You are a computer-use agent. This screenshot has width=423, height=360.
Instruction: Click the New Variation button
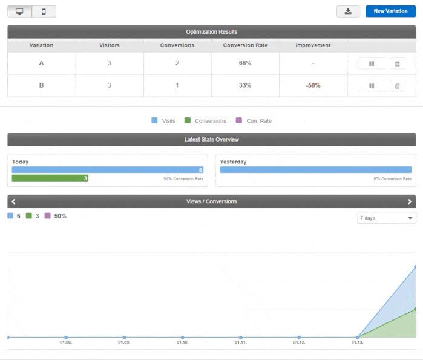(390, 11)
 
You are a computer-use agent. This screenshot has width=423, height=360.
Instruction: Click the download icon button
(348, 11)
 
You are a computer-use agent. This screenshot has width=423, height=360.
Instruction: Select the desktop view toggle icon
(20, 11)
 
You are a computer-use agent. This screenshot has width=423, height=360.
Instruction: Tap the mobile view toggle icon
(44, 11)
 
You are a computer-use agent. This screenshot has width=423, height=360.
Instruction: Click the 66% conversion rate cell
(245, 63)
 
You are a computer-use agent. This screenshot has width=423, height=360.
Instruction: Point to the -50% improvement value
(313, 85)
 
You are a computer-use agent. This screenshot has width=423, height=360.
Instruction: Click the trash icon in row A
(397, 64)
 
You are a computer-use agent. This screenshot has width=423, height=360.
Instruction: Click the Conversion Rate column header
(245, 45)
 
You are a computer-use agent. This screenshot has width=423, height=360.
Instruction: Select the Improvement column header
(313, 45)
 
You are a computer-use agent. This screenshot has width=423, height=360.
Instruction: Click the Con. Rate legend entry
(254, 121)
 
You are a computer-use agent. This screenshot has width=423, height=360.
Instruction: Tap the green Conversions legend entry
(205, 121)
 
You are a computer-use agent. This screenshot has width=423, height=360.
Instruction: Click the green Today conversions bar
(50, 178)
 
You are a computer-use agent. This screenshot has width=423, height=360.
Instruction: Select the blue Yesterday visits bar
(315, 170)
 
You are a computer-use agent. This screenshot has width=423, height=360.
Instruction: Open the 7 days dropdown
(386, 218)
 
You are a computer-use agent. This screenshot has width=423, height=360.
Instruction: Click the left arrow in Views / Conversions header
(13, 201)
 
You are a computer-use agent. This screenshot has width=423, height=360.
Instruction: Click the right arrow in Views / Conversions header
(410, 201)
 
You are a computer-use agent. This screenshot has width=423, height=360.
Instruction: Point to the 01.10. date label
(182, 343)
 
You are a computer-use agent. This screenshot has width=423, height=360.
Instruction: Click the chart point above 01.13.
(358, 337)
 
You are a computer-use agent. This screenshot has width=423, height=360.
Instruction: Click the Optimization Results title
(211, 31)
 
